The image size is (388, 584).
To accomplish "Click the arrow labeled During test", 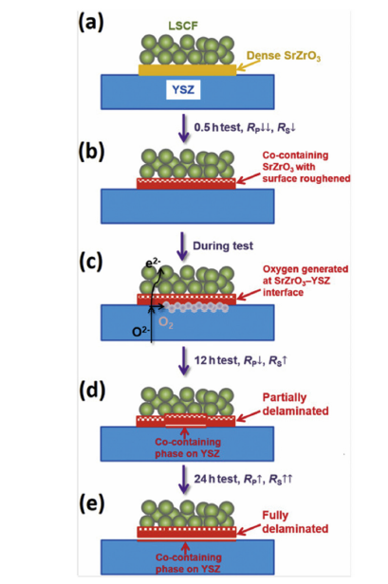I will pyautogui.click(x=186, y=244).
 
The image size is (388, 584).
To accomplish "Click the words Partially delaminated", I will pyautogui.click(x=298, y=407).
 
